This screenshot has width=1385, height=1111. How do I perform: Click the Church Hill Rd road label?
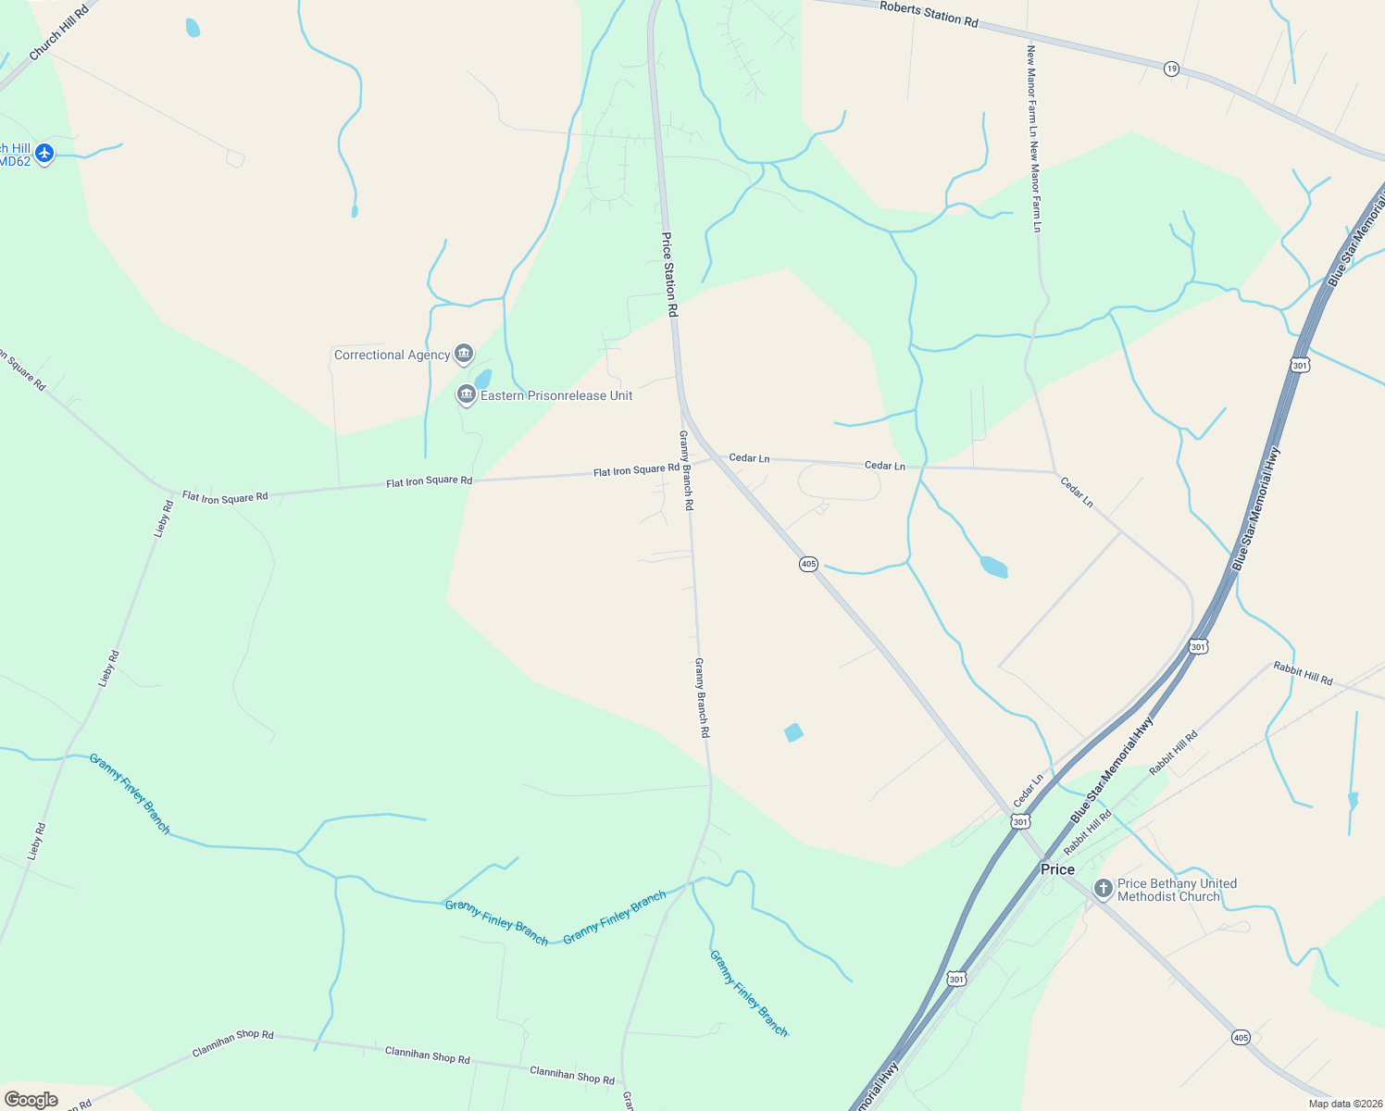pos(58,32)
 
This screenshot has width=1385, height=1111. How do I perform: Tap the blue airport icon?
pos(44,153)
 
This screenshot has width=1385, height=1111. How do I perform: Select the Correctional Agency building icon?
pos(464,354)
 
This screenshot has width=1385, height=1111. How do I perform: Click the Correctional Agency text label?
pos(392,355)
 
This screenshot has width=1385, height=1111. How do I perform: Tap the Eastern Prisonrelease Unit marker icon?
pos(466,395)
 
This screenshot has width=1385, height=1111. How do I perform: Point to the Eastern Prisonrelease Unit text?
pos(556,395)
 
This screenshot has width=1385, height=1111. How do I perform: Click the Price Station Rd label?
pos(669,275)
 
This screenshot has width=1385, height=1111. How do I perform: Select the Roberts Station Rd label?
pos(929,13)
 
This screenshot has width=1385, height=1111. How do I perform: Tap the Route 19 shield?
pos(1172,69)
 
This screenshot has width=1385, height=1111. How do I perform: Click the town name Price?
pos(1057,869)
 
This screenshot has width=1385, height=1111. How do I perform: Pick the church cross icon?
pos(1103,889)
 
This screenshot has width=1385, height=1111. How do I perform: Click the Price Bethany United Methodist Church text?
pos(1177,890)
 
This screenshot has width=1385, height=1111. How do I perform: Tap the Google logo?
pos(31,1099)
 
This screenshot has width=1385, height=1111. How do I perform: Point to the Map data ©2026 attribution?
pos(1344,1103)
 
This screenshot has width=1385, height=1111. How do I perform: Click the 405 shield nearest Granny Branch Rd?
pos(808,564)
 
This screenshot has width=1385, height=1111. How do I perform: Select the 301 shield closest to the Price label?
pos(1020,821)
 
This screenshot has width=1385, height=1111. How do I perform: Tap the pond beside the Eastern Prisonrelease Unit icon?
pos(483,380)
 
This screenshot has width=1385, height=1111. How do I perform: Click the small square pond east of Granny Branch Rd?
pos(793,732)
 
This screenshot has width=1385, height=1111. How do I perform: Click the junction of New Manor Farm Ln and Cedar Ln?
pos(1054,471)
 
